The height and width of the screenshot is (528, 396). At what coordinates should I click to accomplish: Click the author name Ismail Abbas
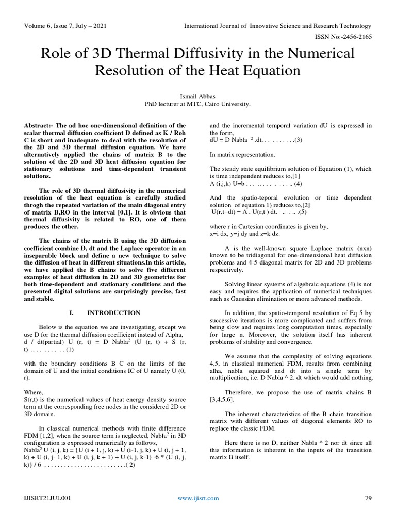(x=198, y=95)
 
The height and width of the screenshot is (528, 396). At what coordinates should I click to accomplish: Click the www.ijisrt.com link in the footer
(x=198, y=498)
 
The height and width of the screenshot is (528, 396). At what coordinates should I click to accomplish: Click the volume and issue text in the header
(x=60, y=26)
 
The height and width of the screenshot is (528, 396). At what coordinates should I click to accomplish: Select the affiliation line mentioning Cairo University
(x=198, y=104)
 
